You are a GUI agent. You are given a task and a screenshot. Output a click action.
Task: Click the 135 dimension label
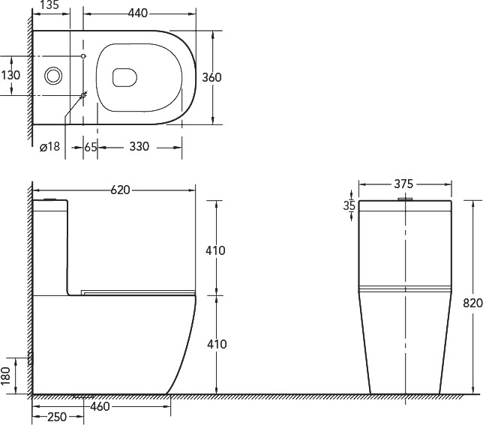[49, 5]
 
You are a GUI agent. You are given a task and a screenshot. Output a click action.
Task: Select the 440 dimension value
[138, 13]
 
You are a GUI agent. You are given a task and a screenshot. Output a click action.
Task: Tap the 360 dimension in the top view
[211, 77]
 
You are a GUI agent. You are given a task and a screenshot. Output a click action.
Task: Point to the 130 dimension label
[10, 75]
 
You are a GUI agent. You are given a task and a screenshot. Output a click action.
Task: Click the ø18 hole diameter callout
[50, 146]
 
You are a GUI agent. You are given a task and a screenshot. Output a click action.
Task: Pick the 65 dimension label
[91, 147]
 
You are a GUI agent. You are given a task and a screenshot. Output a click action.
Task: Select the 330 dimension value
[139, 146]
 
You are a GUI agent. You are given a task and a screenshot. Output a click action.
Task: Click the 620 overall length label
[121, 190]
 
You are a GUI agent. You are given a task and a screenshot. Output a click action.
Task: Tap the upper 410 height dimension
[215, 250]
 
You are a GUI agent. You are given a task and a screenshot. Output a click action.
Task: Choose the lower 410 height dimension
[217, 344]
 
